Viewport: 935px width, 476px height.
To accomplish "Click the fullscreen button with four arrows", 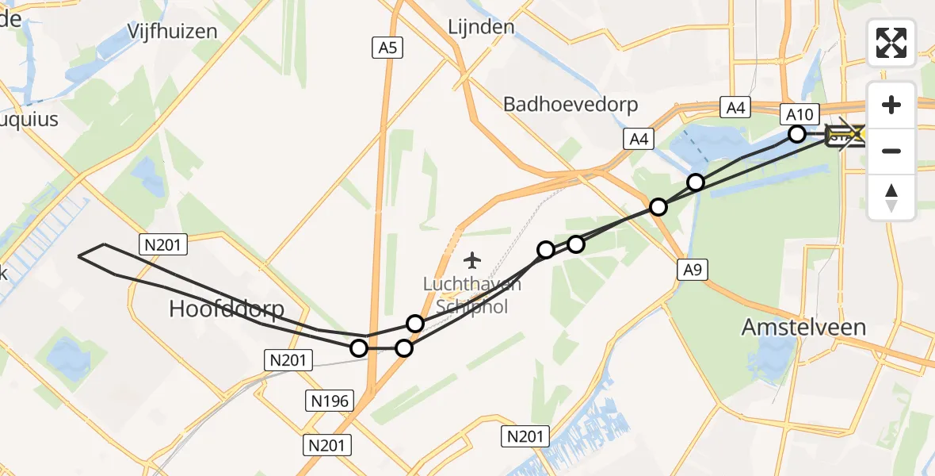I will click(891, 43).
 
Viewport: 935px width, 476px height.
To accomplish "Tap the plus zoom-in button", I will click(891, 105).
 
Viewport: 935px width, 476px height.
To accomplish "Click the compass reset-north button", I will click(891, 198).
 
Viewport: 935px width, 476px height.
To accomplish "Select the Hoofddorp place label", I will click(227, 309).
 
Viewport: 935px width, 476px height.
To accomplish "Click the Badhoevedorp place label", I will click(571, 105).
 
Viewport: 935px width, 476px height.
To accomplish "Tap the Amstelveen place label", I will click(804, 326).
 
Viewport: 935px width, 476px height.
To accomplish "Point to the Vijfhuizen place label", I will click(173, 31).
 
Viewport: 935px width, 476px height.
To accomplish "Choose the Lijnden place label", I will click(481, 27).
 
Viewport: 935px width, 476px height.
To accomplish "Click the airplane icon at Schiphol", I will click(473, 259).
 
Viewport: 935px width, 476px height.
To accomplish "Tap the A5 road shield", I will click(387, 48).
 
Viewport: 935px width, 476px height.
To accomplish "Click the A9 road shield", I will click(692, 271).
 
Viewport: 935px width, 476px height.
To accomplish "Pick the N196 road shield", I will click(329, 401).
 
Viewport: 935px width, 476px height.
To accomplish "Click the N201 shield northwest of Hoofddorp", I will click(163, 245).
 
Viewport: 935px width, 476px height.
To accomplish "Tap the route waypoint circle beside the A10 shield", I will click(798, 134).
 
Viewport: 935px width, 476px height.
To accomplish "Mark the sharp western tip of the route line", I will click(78, 256).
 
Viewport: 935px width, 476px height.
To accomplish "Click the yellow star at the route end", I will click(856, 135).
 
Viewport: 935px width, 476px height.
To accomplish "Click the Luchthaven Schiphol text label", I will click(471, 294).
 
